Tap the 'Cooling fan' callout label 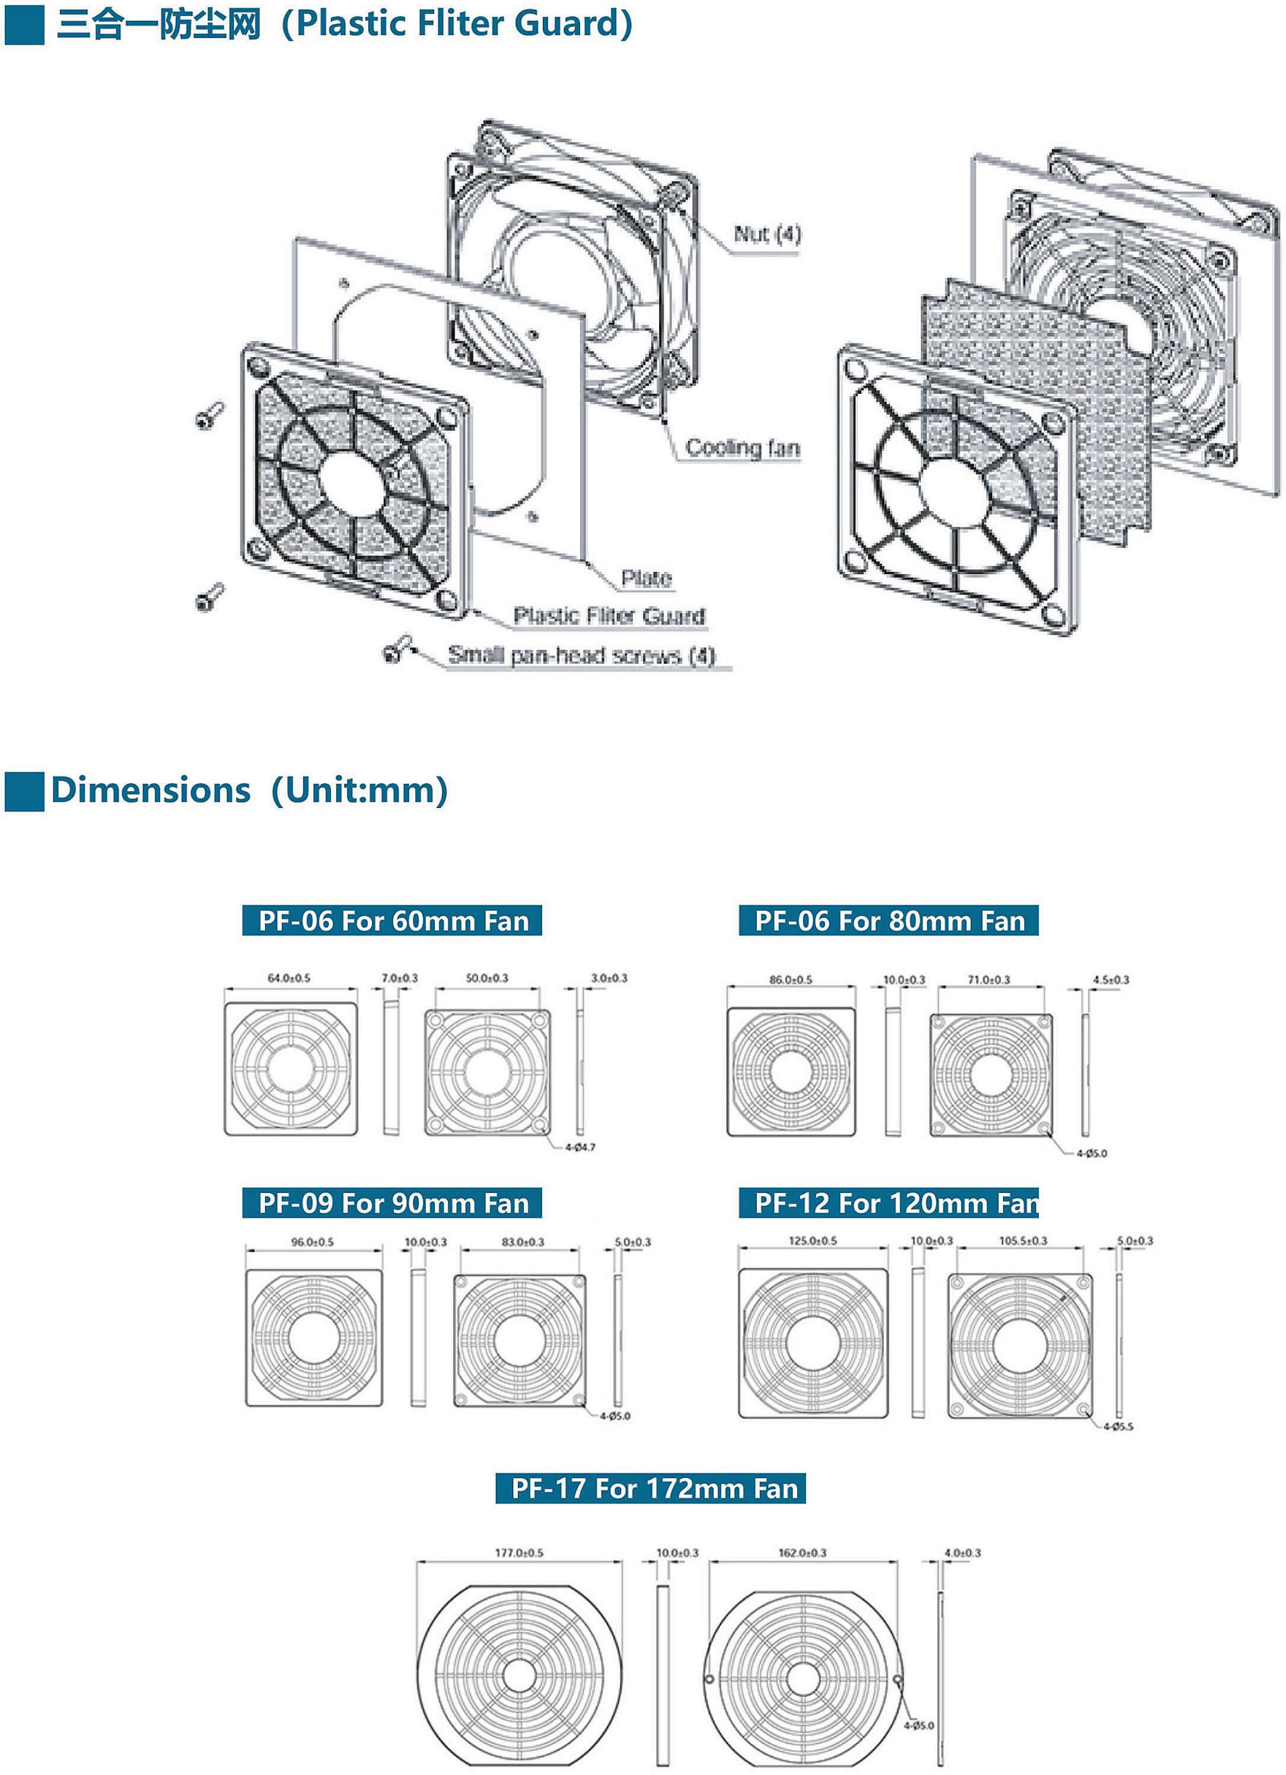click(x=742, y=448)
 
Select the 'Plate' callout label click(x=646, y=578)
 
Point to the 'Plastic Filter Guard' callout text click(x=609, y=616)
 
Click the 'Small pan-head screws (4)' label click(x=581, y=655)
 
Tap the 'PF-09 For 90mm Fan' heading click(x=393, y=1203)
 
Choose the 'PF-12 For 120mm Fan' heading click(x=889, y=1203)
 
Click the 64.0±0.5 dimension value click(x=289, y=978)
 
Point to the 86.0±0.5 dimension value click(x=791, y=980)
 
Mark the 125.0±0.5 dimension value click(x=813, y=1240)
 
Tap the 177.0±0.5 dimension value click(x=519, y=1553)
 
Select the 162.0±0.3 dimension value click(x=803, y=1553)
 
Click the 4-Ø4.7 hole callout click(x=580, y=1147)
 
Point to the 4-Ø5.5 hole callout click(x=1118, y=1427)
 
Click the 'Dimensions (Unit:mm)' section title click(x=249, y=790)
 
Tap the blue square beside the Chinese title click(x=24, y=24)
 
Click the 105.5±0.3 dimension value click(x=1022, y=1240)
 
